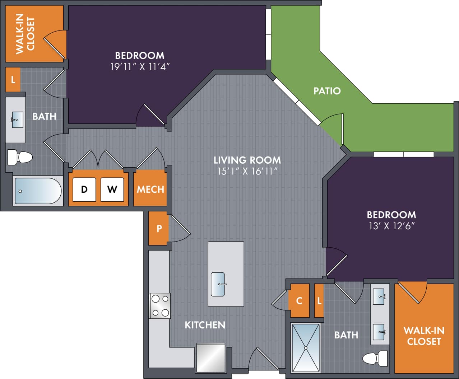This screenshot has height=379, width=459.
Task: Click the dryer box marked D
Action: click(x=84, y=189)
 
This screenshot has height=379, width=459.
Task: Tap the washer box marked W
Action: click(x=112, y=189)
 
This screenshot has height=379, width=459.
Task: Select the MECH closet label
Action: click(x=150, y=189)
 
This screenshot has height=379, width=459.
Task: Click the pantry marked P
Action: click(x=159, y=228)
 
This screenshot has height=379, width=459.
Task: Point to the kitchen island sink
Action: click(x=218, y=284)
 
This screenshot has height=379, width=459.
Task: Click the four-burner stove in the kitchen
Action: click(x=160, y=306)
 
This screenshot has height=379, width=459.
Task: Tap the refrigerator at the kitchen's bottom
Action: click(x=211, y=358)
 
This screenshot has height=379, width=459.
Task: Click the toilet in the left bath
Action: click(x=20, y=157)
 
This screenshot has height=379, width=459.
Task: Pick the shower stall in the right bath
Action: click(x=306, y=348)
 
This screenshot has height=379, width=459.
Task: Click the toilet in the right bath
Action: click(x=375, y=358)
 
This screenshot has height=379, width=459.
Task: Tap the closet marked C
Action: click(x=299, y=301)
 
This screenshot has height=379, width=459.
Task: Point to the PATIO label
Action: click(x=327, y=91)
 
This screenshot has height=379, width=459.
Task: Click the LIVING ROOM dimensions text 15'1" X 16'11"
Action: click(x=247, y=172)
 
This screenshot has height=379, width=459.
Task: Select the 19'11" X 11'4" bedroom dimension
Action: click(x=140, y=67)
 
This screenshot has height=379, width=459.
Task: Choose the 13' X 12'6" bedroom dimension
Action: click(x=391, y=226)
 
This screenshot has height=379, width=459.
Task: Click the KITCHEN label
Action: click(x=205, y=325)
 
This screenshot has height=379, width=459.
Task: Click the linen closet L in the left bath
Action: click(x=13, y=79)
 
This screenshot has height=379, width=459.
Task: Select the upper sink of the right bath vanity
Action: click(x=380, y=296)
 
